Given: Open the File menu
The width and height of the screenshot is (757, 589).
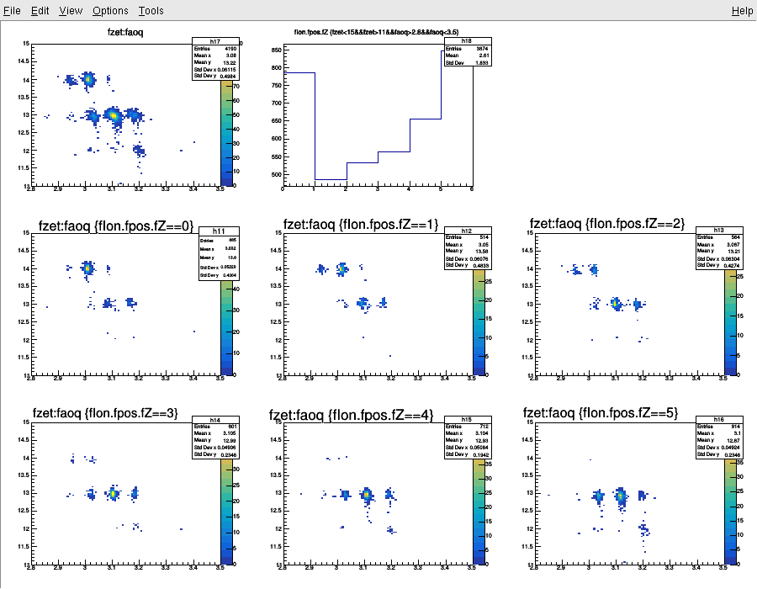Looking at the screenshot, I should (x=13, y=11).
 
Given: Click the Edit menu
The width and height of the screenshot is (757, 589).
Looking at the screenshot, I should (x=40, y=11).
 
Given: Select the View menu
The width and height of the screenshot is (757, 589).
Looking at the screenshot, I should (x=71, y=11).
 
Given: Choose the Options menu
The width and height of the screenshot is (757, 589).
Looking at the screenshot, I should (x=110, y=11).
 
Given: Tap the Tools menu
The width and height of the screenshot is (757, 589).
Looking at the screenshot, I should (x=151, y=11).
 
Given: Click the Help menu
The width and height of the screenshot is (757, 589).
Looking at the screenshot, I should (x=742, y=11).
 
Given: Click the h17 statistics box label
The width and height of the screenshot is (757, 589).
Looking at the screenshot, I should (x=216, y=41).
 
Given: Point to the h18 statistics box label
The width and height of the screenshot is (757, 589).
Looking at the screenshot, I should (x=466, y=40).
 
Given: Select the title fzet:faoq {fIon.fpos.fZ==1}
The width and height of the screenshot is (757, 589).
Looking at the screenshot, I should (x=361, y=225).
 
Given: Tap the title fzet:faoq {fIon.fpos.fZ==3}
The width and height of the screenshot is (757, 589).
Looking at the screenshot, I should (x=104, y=413).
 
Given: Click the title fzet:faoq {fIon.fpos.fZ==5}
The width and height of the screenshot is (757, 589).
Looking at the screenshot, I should (x=601, y=413).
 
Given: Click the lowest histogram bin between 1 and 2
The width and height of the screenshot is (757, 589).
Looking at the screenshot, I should (x=331, y=179).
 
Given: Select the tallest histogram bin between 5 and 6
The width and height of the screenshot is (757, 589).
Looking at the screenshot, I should (x=457, y=51).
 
